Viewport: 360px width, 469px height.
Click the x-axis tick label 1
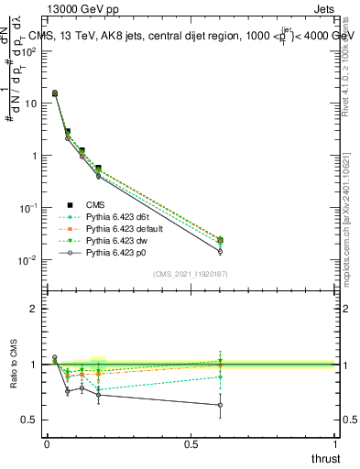click(335, 444)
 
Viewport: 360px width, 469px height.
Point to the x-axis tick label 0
click(47, 444)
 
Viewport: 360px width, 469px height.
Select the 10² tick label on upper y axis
click(27, 51)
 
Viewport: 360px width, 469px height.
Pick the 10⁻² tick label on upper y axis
click(27, 260)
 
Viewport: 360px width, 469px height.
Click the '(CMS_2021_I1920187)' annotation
click(191, 273)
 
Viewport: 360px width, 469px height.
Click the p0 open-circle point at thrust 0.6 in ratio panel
click(219, 405)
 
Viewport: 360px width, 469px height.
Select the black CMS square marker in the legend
click(68, 204)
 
